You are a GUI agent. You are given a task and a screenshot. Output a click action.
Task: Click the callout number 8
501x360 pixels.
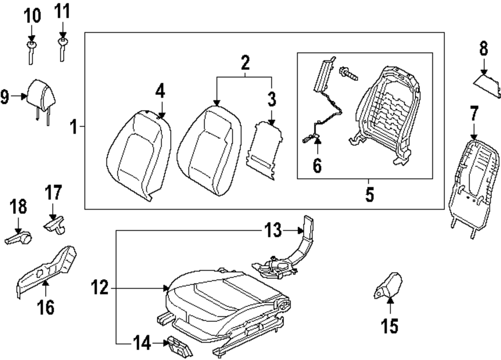pyautogui.click(x=483, y=49)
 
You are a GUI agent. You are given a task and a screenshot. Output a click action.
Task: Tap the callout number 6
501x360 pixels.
pyautogui.click(x=317, y=164)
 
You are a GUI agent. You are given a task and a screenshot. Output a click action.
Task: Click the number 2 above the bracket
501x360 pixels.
pyautogui.click(x=244, y=63)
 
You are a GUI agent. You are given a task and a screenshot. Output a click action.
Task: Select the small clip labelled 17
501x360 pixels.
pyautogui.click(x=56, y=224)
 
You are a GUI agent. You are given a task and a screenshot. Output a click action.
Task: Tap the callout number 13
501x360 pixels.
pyautogui.click(x=273, y=231)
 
